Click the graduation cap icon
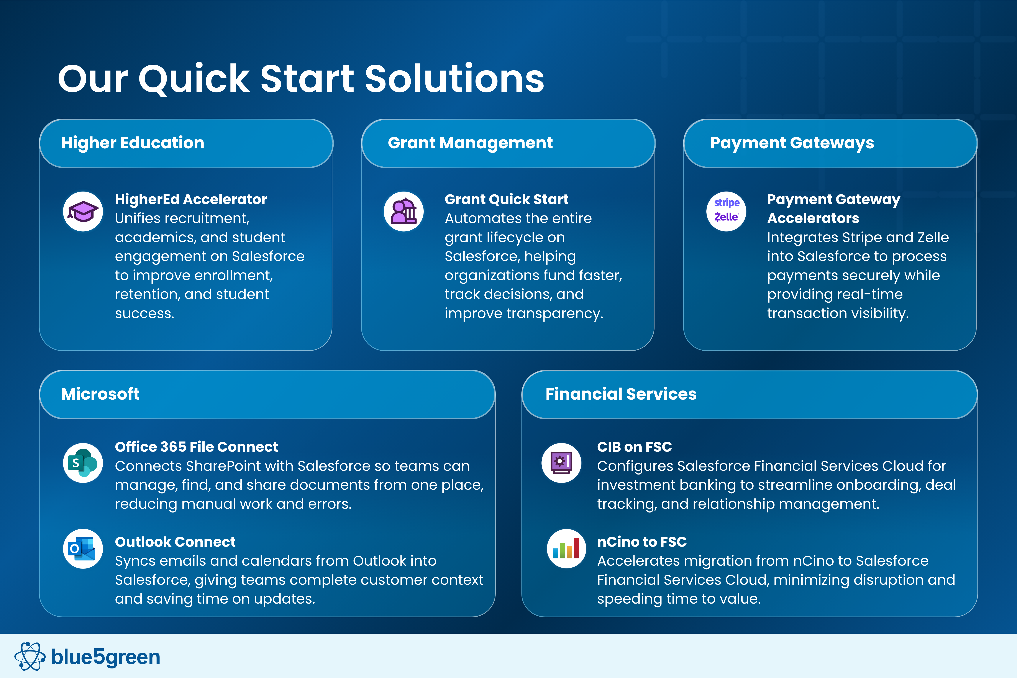83,212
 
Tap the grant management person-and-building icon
404,212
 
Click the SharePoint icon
83,463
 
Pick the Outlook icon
83,549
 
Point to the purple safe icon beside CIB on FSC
561,463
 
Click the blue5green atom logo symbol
30,656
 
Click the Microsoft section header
267,394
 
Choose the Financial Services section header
750,394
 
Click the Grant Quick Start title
507,199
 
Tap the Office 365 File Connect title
197,447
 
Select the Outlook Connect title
175,542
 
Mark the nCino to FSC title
642,542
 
